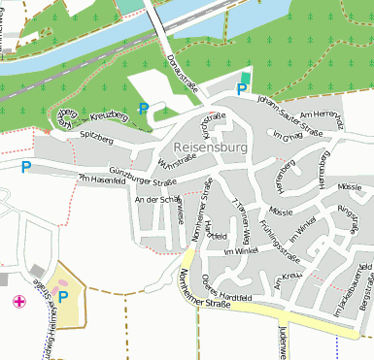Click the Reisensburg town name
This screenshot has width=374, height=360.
pos(210,147)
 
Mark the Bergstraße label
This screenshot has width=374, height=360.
pos(365,291)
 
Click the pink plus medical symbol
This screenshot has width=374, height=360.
pos(18,302)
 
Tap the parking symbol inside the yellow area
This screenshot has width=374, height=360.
pos(63,297)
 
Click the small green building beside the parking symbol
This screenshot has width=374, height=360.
pos(244,78)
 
